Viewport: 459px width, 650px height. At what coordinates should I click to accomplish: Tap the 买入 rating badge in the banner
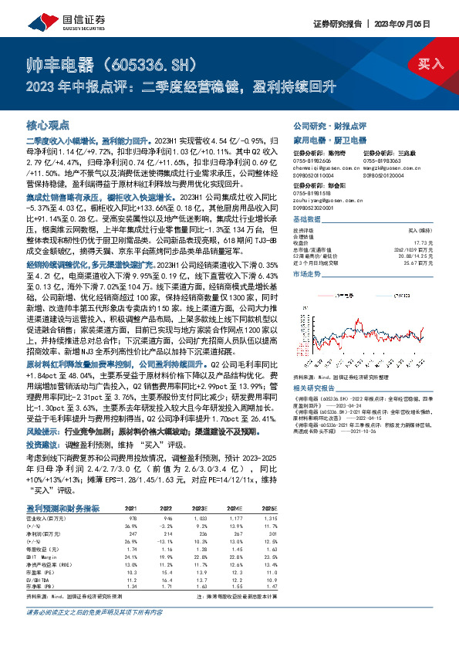point(430,63)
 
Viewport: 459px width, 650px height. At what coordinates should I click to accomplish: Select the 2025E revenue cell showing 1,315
point(269,518)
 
